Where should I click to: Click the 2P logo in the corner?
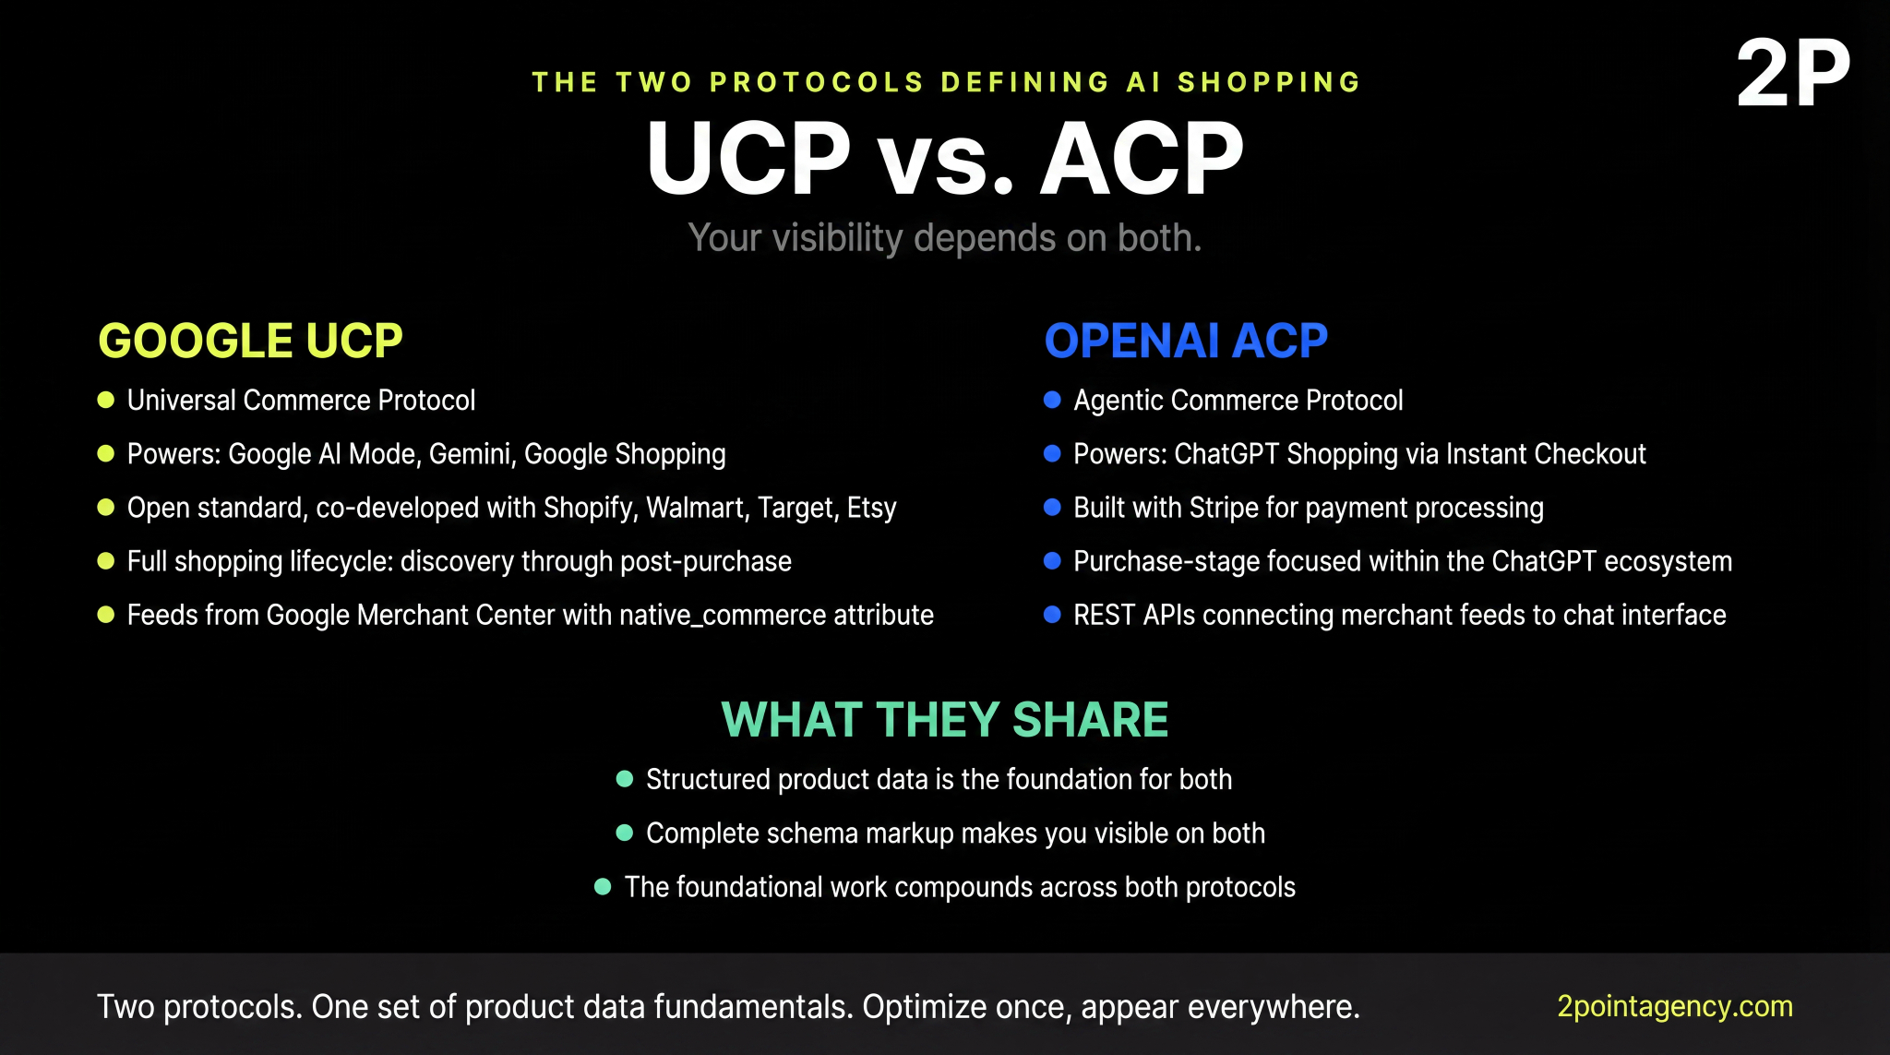pyautogui.click(x=1792, y=74)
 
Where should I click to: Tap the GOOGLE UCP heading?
pyautogui.click(x=250, y=341)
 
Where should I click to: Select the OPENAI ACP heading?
pyautogui.click(x=1186, y=341)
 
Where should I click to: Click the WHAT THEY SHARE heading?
pyautogui.click(x=944, y=720)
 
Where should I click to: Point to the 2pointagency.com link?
pyautogui.click(x=1674, y=1006)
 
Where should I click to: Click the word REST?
pyautogui.click(x=1104, y=615)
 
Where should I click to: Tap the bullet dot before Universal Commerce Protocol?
pyautogui.click(x=106, y=400)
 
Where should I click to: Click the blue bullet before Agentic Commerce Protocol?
pyautogui.click(x=1052, y=400)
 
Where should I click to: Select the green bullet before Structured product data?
pyautogui.click(x=625, y=779)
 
